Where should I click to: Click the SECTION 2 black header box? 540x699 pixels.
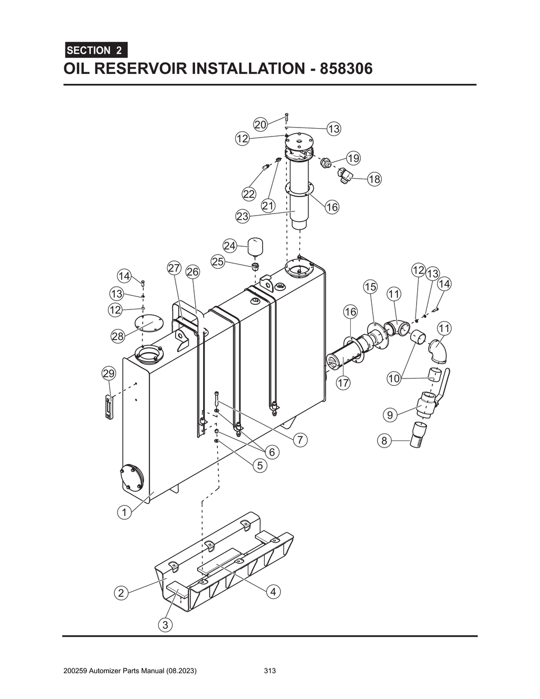pyautogui.click(x=95, y=51)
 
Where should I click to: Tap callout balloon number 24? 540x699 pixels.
pyautogui.click(x=229, y=246)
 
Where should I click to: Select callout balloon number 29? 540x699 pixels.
pyautogui.click(x=108, y=374)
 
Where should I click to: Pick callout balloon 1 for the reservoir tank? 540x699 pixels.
pyautogui.click(x=124, y=511)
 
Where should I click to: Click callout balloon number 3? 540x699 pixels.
pyautogui.click(x=166, y=625)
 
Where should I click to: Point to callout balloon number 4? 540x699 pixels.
pyautogui.click(x=273, y=592)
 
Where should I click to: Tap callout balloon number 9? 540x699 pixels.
pyautogui.click(x=390, y=415)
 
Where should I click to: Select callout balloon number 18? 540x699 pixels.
pyautogui.click(x=374, y=179)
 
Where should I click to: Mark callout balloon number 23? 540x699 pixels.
pyautogui.click(x=242, y=216)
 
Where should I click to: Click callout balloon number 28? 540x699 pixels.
pyautogui.click(x=118, y=336)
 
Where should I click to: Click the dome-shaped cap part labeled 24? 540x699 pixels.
pyautogui.click(x=256, y=246)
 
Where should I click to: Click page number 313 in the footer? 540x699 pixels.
pyautogui.click(x=270, y=671)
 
